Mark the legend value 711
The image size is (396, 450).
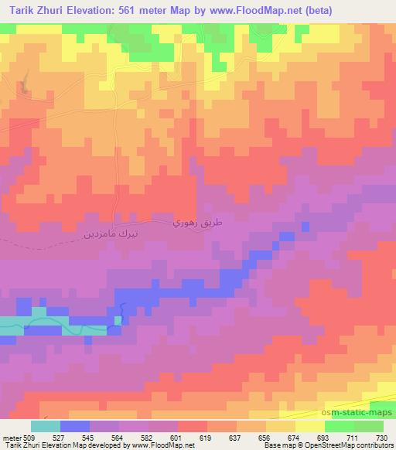tap(353, 438)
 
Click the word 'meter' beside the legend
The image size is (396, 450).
tap(11, 438)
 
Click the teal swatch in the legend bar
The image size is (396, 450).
tap(46, 426)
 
